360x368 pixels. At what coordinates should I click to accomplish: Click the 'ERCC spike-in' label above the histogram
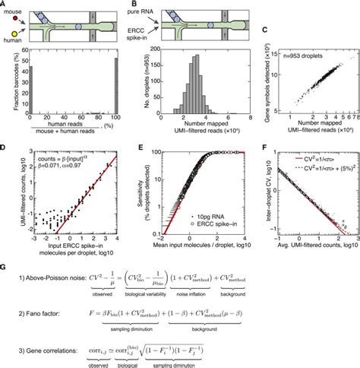coord(145,47)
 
